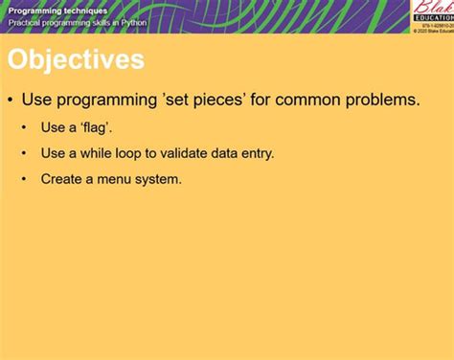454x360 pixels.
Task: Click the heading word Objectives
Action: [76, 60]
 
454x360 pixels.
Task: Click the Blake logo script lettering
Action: [432, 10]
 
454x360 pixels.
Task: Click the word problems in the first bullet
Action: [383, 100]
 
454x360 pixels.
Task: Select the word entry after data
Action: [253, 153]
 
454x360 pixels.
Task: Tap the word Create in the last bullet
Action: [59, 179]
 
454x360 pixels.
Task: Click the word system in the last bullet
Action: [157, 179]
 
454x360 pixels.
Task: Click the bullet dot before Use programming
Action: [11, 100]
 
